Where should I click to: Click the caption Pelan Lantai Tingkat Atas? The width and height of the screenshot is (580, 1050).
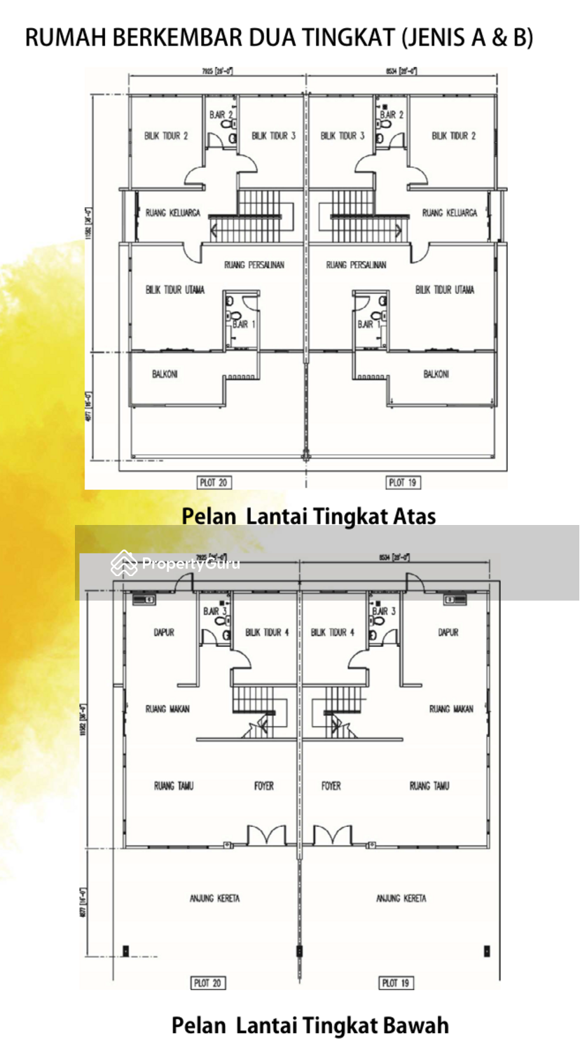tap(309, 516)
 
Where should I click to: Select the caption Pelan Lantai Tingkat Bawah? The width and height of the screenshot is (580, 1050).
tap(310, 1025)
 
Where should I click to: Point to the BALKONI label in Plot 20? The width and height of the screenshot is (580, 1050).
tap(165, 374)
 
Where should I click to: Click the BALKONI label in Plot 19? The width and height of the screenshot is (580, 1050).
tap(436, 374)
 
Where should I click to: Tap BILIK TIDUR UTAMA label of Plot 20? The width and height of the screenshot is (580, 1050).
tap(175, 290)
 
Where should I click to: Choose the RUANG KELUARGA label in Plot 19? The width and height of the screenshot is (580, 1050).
tap(449, 213)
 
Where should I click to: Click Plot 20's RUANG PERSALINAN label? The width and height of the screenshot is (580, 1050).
tap(254, 265)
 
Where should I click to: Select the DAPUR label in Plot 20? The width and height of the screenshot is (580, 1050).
tap(164, 632)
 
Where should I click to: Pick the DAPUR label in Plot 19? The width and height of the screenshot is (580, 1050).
tap(448, 632)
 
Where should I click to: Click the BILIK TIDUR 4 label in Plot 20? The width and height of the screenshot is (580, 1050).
tap(267, 632)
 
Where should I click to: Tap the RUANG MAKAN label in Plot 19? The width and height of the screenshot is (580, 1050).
tap(451, 709)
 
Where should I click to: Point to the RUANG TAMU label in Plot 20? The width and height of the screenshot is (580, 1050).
tap(173, 786)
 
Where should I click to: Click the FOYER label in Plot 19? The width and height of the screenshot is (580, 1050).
tap(331, 786)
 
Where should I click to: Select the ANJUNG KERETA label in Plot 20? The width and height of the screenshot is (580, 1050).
tap(214, 898)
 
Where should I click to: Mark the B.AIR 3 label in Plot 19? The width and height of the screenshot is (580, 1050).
tap(384, 611)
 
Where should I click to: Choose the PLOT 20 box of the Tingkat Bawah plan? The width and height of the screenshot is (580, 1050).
tap(207, 983)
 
